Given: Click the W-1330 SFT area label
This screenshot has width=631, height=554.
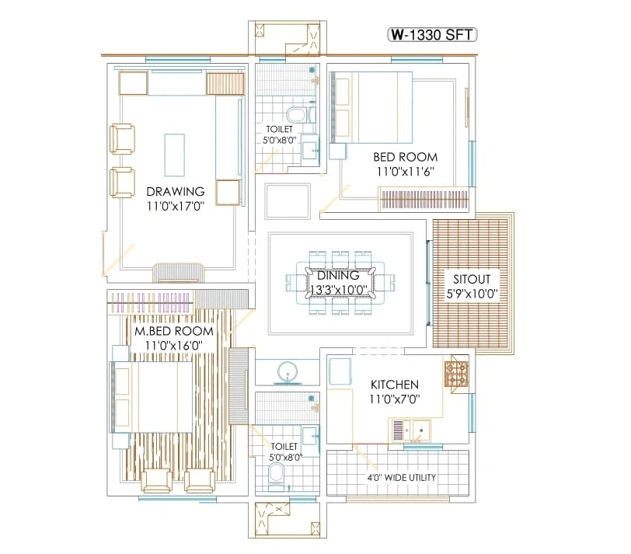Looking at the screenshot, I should pyautogui.click(x=432, y=35).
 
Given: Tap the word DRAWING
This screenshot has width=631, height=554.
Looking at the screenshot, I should pyautogui.click(x=175, y=191).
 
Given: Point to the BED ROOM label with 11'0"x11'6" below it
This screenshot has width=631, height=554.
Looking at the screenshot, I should pyautogui.click(x=405, y=157).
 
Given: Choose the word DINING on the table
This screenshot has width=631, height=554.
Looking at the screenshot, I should pyautogui.click(x=338, y=275).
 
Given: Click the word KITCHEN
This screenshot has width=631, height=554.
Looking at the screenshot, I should pyautogui.click(x=394, y=385).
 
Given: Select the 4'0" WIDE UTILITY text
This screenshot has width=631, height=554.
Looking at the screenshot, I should pyautogui.click(x=401, y=477).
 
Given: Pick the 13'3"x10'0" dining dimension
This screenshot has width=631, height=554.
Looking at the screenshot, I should pyautogui.click(x=338, y=290).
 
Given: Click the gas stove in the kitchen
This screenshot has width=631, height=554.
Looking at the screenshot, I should pyautogui.click(x=455, y=374).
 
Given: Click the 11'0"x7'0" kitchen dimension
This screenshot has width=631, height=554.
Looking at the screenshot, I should pyautogui.click(x=394, y=399).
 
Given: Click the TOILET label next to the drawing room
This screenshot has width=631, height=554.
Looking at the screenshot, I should pyautogui.click(x=279, y=130).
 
